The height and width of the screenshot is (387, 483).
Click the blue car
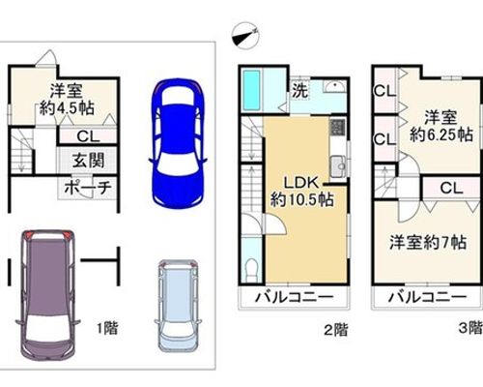point(178,144)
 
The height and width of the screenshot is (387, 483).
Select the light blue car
point(178,306)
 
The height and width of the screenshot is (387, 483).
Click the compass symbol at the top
point(245,36)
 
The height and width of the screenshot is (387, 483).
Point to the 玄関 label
point(88,161)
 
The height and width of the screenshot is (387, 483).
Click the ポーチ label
point(88,188)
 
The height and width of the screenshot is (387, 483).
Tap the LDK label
point(301,183)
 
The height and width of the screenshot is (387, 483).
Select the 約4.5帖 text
point(67,108)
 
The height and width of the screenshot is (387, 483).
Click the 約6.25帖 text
point(441,134)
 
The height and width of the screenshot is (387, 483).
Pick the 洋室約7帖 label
point(428,242)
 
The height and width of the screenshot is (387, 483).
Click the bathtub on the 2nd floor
point(251,90)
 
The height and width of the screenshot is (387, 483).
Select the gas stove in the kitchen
point(337,127)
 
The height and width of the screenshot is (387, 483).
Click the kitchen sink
point(338,166)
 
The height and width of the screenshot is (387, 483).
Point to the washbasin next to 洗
point(334,86)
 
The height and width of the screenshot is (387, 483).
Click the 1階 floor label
point(108,328)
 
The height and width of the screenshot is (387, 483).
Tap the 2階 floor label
point(336,330)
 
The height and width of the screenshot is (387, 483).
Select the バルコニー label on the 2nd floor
point(294,297)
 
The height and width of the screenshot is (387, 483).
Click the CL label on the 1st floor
point(88,136)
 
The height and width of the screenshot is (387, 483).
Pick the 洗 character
point(299,91)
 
